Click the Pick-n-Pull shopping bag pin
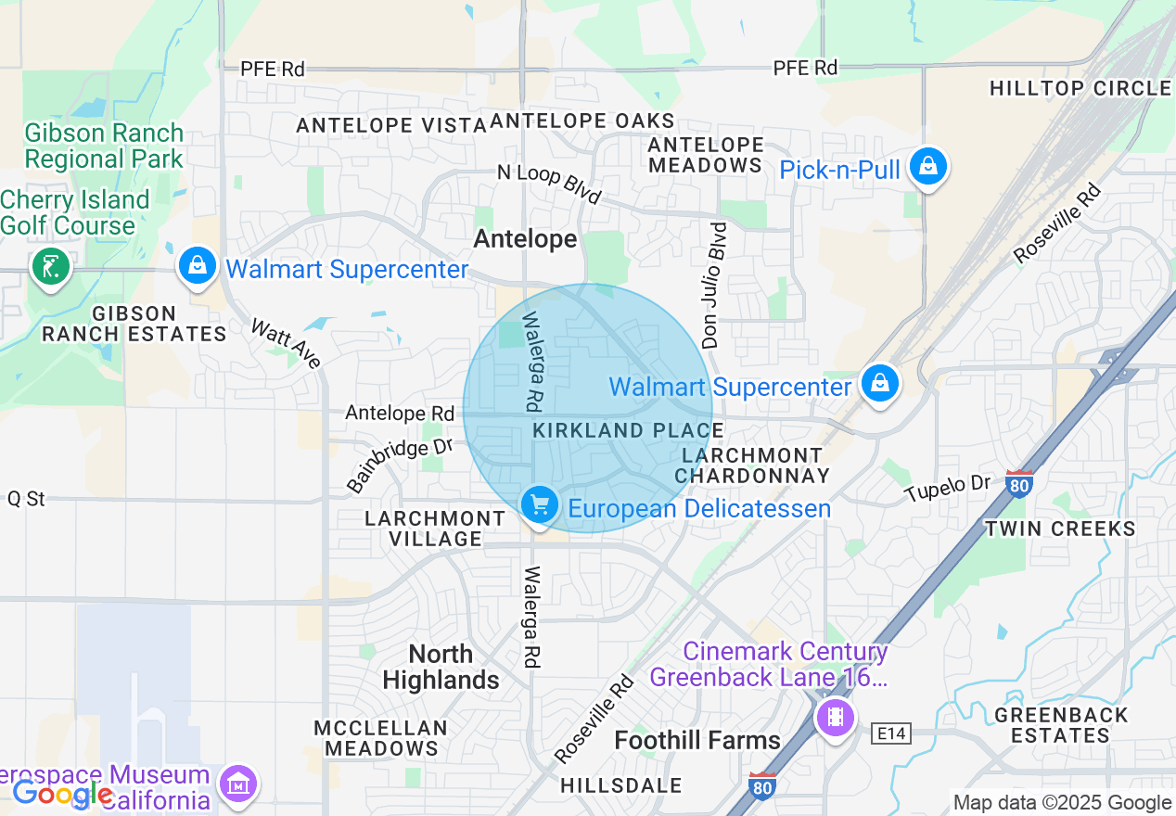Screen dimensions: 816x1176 point(927,168)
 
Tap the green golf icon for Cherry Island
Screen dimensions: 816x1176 point(50,268)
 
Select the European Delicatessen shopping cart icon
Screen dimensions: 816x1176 point(539,506)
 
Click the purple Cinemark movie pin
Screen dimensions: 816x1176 point(836,717)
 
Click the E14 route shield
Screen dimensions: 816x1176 point(893,734)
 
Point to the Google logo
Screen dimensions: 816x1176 point(61,794)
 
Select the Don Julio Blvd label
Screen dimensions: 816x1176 point(715,285)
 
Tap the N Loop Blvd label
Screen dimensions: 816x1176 point(549,183)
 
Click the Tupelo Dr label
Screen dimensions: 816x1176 point(948,489)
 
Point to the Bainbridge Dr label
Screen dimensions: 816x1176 point(399,465)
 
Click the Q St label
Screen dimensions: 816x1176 point(26,499)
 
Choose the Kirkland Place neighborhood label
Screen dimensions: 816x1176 point(628,430)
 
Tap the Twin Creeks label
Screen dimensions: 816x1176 point(1059,529)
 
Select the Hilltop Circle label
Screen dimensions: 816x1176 point(1080,88)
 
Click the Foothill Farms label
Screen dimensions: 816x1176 point(697,740)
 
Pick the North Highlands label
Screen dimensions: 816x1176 point(441,667)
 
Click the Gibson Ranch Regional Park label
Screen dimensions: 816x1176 point(104,146)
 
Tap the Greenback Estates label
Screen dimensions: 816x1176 point(1061,725)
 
